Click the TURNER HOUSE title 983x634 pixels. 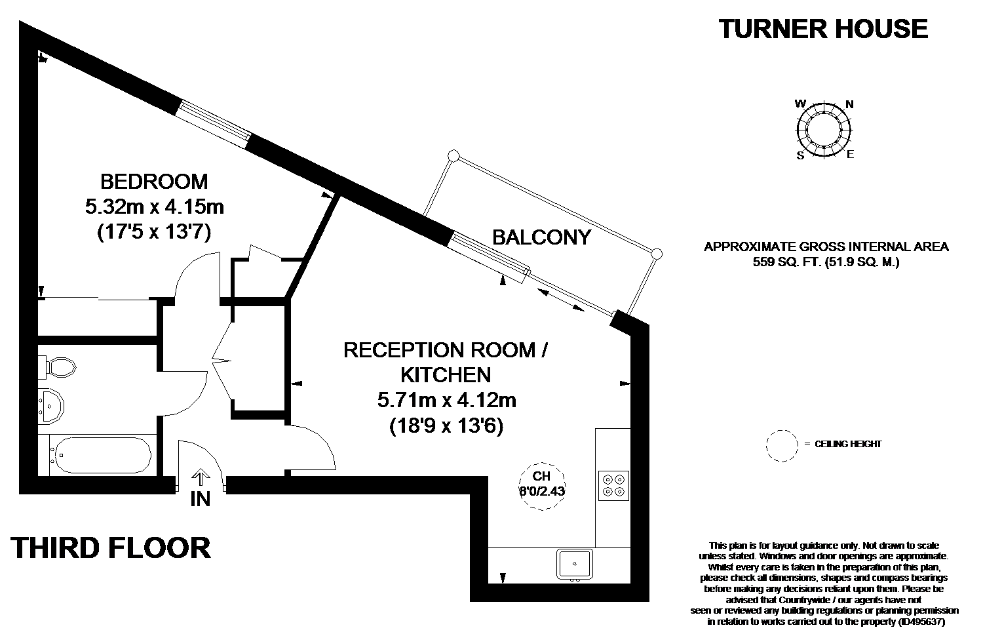coord(823,29)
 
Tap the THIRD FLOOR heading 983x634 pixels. coord(111,548)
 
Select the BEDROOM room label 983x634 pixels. coord(154,182)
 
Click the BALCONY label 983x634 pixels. coord(542,237)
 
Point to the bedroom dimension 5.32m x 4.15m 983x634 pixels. coord(155,207)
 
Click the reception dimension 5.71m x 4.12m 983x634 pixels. coord(447,400)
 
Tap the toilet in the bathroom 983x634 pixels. coord(57,367)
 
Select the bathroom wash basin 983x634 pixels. coord(51,406)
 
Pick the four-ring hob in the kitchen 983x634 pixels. coord(613,486)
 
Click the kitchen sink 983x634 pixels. coord(575,564)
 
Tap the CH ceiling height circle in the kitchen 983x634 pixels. coord(542,486)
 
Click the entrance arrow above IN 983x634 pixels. coord(201,479)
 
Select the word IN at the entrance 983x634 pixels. coord(201,499)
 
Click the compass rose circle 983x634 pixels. coord(824,130)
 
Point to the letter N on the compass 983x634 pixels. coord(849,104)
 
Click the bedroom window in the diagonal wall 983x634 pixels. coord(213,125)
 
